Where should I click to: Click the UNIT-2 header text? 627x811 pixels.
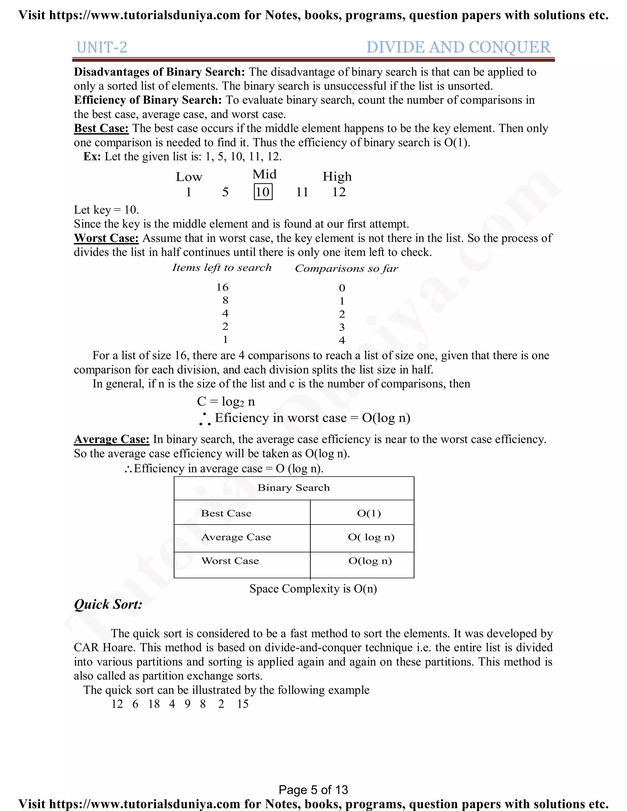(102, 47)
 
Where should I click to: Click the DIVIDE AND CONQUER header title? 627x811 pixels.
(458, 47)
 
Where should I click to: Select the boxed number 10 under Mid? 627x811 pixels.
(263, 192)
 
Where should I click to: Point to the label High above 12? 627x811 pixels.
(337, 176)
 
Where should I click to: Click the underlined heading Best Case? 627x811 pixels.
(101, 129)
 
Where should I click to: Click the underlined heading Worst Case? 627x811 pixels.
(106, 238)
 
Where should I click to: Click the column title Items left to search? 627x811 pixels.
(222, 268)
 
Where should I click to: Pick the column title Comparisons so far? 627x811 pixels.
(346, 268)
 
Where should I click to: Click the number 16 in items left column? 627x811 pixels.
(222, 287)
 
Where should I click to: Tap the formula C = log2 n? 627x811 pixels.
(226, 402)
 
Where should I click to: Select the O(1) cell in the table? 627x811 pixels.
(369, 514)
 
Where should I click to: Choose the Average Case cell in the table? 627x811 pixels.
(236, 537)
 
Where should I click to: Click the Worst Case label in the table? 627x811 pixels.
(230, 561)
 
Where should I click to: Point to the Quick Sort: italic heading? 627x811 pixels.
(108, 604)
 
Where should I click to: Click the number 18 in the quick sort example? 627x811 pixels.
(154, 704)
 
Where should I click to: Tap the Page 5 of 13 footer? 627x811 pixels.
(313, 790)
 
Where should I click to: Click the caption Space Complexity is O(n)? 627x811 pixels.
(313, 589)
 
